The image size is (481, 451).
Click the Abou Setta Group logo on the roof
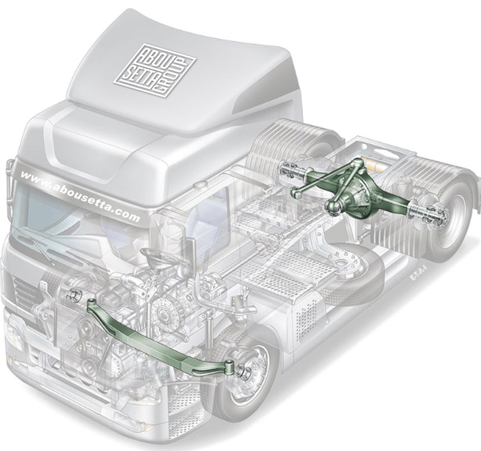155,71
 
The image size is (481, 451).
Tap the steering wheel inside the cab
153,257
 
